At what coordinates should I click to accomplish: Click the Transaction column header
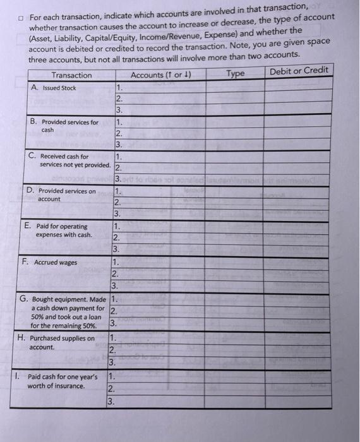click(71, 75)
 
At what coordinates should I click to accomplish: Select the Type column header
click(235, 74)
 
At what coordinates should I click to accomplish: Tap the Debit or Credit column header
click(299, 70)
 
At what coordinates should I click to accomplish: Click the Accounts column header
click(161, 75)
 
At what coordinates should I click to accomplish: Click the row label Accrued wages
click(55, 262)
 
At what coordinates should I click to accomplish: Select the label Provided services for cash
click(68, 126)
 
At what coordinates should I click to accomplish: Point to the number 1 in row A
click(119, 88)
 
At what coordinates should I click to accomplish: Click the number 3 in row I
click(111, 401)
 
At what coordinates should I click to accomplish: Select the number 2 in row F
click(114, 273)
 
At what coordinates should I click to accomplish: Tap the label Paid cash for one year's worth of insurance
click(62, 381)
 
